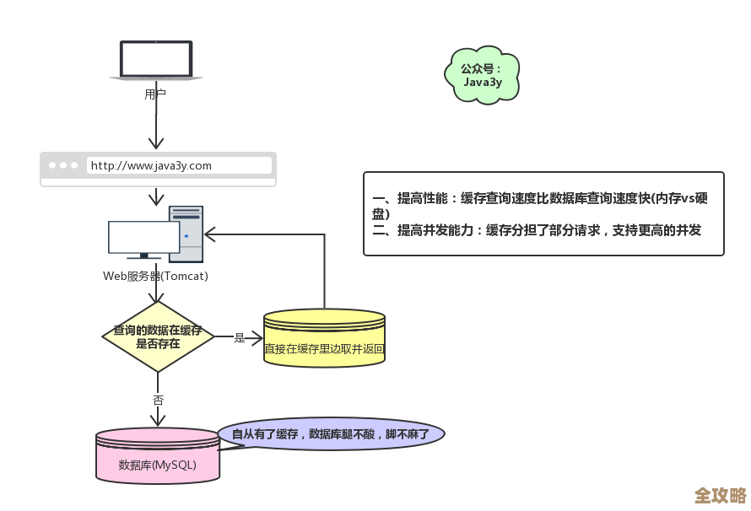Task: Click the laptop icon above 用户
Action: tap(155, 60)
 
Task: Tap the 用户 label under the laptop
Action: tap(155, 94)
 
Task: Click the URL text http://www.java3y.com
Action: tap(151, 165)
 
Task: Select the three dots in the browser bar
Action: tap(63, 165)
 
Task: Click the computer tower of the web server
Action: tap(186, 234)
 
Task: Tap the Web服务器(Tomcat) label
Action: tap(155, 276)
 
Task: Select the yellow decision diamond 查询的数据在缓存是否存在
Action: tap(158, 336)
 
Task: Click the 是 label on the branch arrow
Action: tap(239, 337)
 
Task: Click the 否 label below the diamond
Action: tap(158, 400)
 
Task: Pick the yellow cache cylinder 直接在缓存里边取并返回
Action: tap(324, 338)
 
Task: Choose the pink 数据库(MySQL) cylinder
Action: tap(158, 456)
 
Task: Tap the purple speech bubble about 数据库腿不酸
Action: tap(331, 434)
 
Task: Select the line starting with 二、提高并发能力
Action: tap(537, 230)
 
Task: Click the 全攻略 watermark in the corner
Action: tap(720, 495)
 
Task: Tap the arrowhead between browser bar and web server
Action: tap(156, 200)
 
